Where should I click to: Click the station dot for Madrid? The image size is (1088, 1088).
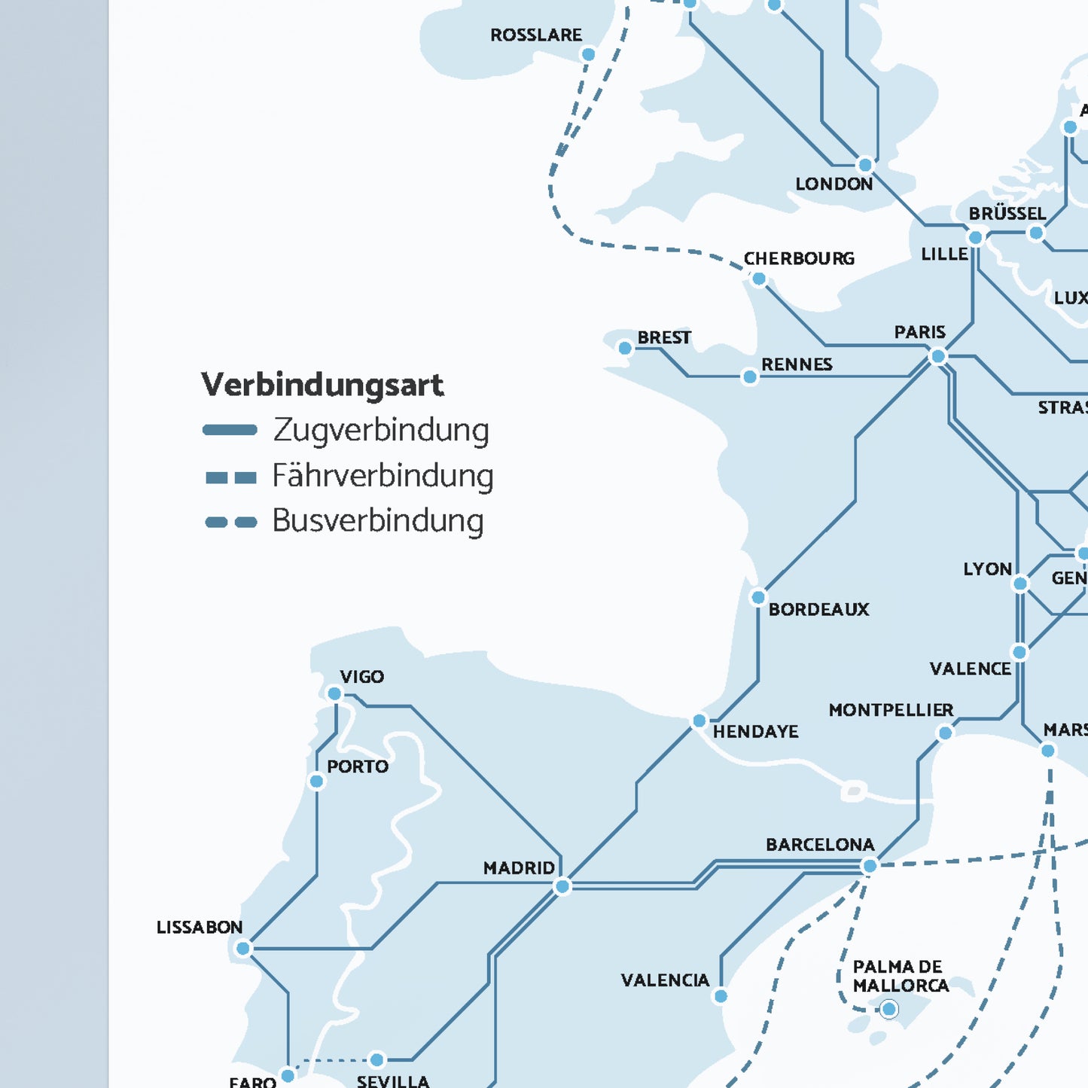562,887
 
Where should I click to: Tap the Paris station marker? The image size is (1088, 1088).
937,356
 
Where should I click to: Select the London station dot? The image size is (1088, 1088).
865,165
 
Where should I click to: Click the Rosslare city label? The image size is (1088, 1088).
535,35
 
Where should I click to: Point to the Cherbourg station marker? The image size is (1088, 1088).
759,279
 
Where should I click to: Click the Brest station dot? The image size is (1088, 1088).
625,348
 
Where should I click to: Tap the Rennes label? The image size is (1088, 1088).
797,365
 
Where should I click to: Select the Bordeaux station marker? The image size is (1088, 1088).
758,598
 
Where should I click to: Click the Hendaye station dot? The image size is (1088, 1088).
699,721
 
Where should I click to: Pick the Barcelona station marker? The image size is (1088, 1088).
870,866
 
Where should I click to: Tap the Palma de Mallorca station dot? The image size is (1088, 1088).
889,1009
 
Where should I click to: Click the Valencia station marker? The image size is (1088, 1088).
721,996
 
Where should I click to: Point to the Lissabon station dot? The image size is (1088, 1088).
242,949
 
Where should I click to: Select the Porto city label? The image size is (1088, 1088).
358,766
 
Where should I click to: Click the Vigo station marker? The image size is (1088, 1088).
334,693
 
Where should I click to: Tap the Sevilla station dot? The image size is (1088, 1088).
377,1060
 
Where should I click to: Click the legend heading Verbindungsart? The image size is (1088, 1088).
322,385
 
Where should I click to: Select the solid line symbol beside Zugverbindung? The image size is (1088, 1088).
230,431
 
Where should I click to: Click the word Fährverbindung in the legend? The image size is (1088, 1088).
382,476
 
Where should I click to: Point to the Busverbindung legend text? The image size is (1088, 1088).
378,521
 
